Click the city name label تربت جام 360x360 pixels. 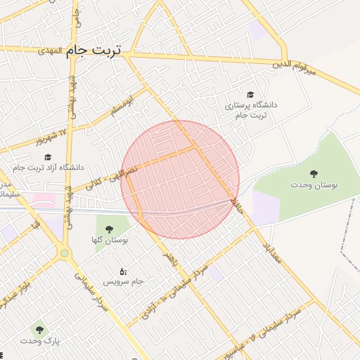[94, 51]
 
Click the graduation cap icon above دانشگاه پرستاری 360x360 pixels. [250, 94]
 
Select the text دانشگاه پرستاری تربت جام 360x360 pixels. [251, 110]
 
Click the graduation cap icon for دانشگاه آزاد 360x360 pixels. [48, 157]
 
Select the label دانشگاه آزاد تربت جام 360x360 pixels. [48, 167]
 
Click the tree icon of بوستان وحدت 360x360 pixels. [314, 173]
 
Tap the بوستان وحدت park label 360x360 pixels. [314, 184]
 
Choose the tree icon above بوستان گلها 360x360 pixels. [109, 229]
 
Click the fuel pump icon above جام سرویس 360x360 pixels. [124, 271]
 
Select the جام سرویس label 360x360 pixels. [124, 281]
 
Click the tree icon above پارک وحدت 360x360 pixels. [39, 329]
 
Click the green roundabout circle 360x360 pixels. [65, 252]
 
